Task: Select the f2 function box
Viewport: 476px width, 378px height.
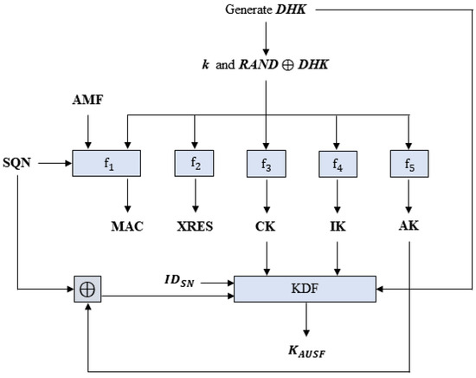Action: point(195,162)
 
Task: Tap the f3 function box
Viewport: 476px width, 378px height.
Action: point(267,162)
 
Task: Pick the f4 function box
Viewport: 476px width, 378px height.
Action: point(338,162)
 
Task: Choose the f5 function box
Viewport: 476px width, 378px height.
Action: point(407,162)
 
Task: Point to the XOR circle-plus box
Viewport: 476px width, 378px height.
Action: point(87,289)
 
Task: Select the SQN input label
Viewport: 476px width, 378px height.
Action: point(19,161)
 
